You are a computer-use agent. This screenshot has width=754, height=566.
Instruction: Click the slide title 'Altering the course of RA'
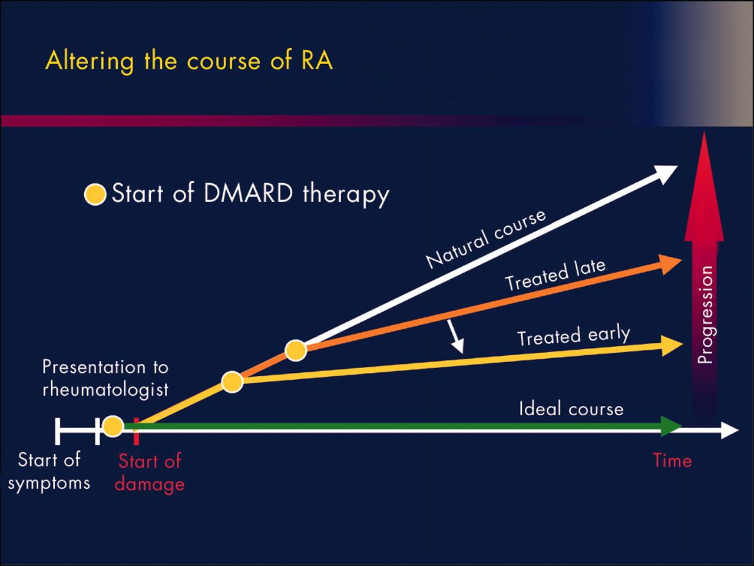click(189, 61)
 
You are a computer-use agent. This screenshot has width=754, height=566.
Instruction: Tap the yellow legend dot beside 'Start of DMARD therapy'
click(95, 194)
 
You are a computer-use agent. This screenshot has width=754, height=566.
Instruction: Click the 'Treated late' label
click(555, 275)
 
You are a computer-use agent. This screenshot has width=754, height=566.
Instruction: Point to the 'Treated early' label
click(573, 336)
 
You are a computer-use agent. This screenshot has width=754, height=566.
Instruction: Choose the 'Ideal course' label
click(571, 409)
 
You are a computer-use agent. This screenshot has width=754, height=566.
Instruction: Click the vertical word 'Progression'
click(705, 315)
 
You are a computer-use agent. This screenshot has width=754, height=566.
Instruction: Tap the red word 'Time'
click(672, 460)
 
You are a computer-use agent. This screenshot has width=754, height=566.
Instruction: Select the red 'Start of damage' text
click(150, 472)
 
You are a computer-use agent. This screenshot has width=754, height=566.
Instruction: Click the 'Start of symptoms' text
click(49, 471)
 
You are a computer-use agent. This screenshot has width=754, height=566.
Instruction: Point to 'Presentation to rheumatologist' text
click(105, 378)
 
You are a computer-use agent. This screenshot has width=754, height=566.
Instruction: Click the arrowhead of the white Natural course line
click(667, 173)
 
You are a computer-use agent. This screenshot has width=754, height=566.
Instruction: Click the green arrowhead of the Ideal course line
click(671, 425)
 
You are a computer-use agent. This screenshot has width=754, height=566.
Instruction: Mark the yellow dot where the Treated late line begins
click(296, 350)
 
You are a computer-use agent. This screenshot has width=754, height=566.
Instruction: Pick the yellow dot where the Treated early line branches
click(233, 382)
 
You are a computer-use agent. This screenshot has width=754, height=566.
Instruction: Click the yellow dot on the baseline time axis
click(113, 426)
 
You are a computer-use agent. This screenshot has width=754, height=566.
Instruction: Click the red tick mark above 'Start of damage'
click(136, 432)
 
